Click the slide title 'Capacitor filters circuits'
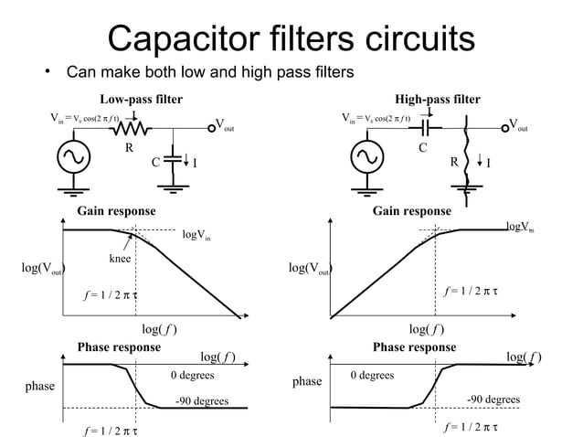tap(291, 38)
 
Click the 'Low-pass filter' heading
tap(141, 99)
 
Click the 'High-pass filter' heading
tap(437, 99)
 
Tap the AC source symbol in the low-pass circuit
tap(70, 157)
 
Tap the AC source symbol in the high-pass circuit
tap(369, 157)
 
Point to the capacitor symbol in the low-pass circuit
tap(175, 159)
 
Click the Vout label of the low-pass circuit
tap(224, 125)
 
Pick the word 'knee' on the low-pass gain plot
tap(120, 260)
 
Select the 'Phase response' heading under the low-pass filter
tap(119, 347)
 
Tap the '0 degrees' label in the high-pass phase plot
tap(373, 376)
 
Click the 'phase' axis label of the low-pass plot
tap(39, 387)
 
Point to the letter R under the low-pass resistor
tap(130, 146)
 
